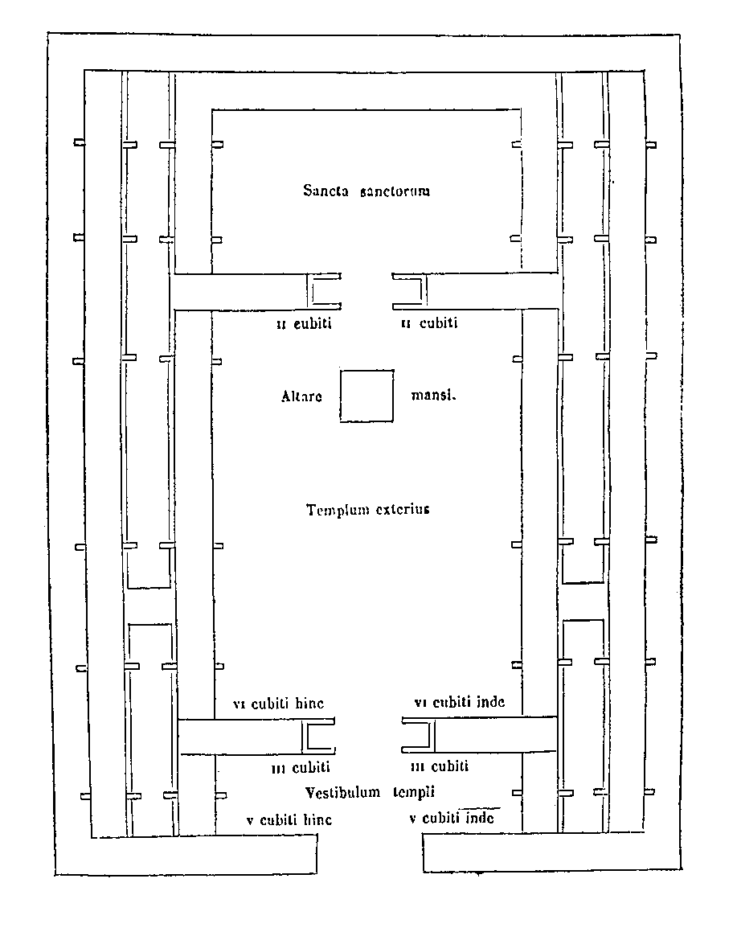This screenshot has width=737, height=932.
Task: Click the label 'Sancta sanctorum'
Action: [x=366, y=191]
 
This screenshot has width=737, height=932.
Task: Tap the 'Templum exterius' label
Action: [x=367, y=510]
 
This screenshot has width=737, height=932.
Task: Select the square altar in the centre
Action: [x=366, y=396]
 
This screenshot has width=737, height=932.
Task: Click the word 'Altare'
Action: [x=301, y=396]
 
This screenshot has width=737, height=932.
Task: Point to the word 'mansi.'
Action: [x=433, y=396]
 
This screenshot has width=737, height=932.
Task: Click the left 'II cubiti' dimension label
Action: [x=304, y=324]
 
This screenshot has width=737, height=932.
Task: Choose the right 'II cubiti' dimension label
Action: [x=429, y=323]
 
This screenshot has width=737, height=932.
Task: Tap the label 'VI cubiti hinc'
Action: [x=278, y=704]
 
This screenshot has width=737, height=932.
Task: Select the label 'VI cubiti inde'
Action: [x=460, y=702]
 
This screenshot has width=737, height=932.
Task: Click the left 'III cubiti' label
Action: [x=301, y=768]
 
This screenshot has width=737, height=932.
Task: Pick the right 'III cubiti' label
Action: [x=440, y=767]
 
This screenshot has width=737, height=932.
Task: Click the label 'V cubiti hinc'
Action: [x=289, y=820]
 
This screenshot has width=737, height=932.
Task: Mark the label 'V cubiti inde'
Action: [x=452, y=819]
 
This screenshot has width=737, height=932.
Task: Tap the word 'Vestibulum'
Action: [x=342, y=793]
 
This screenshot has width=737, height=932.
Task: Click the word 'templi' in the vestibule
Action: [x=413, y=793]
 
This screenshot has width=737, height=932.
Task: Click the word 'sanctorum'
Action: [x=395, y=191]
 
